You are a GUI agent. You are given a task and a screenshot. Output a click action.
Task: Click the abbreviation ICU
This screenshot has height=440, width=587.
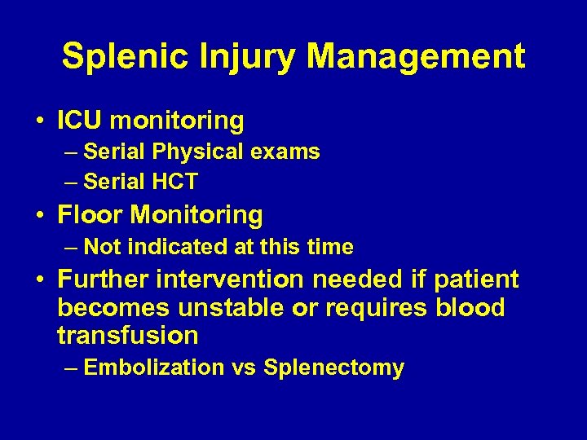click(x=79, y=121)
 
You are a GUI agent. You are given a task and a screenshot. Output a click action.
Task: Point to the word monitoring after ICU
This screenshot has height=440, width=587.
click(x=176, y=121)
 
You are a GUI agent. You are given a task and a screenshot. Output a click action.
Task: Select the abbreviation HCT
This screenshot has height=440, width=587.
click(x=175, y=182)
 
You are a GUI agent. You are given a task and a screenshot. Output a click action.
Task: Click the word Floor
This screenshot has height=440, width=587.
click(x=90, y=215)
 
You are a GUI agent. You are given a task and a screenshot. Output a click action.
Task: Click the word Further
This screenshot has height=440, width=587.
click(x=103, y=279)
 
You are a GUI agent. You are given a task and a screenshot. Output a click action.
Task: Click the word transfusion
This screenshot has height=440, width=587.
click(x=128, y=335)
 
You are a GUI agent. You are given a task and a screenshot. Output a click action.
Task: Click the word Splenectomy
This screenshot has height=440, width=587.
click(x=333, y=368)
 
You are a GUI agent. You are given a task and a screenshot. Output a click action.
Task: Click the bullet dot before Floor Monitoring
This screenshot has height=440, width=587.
click(x=40, y=216)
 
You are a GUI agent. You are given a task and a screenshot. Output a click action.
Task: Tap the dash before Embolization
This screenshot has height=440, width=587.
click(x=71, y=368)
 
